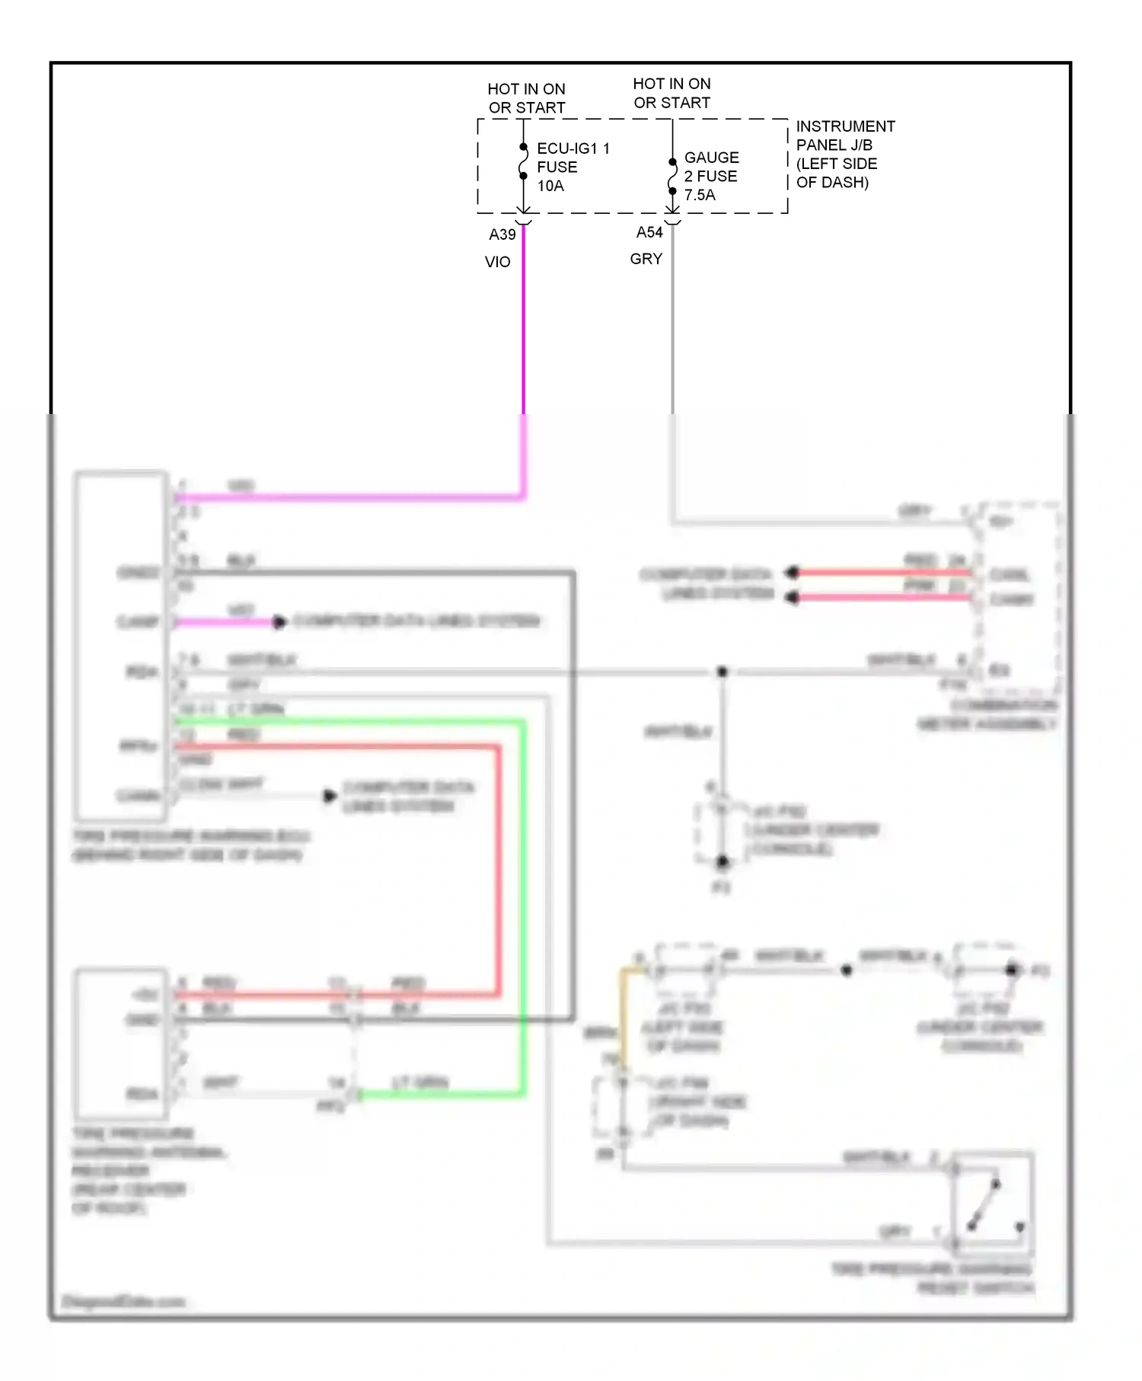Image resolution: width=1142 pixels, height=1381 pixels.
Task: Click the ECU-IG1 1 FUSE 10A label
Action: [x=573, y=167]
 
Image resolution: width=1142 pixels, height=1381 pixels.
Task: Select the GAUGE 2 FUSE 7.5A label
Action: [x=711, y=176]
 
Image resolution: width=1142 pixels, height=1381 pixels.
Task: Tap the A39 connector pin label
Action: [x=502, y=234]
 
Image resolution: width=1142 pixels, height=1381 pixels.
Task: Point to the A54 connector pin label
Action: [x=649, y=232]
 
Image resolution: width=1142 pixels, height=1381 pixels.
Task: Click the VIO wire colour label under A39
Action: [x=497, y=262]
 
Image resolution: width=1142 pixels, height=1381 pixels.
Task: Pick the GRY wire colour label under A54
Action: [x=646, y=259]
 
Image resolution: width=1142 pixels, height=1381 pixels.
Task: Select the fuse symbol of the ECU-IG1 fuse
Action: [x=524, y=161]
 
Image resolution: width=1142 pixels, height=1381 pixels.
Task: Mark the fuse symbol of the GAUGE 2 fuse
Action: [x=672, y=177]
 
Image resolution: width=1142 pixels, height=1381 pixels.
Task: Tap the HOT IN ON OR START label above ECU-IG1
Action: [x=526, y=98]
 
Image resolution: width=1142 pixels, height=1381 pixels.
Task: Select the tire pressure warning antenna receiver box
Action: [x=120, y=1043]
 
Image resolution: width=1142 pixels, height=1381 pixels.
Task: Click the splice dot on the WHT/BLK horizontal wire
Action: [x=723, y=671]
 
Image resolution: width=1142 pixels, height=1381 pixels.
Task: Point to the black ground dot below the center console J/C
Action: [x=722, y=862]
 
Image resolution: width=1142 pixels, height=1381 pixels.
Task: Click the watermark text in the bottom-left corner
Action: [x=122, y=1302]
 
